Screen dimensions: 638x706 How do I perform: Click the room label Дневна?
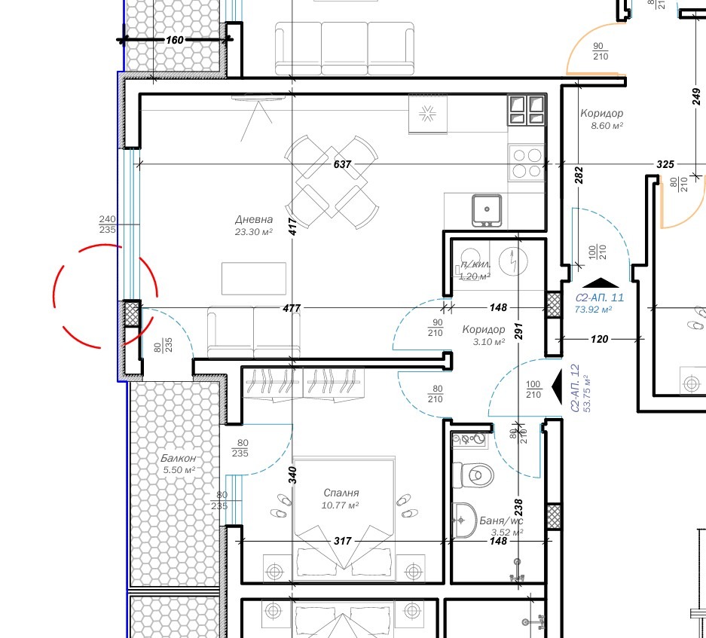pos(253,219)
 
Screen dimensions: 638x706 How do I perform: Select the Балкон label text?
pos(178,458)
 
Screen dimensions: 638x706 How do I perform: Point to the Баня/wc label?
pos(501,520)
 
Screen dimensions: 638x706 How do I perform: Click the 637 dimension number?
pos(342,163)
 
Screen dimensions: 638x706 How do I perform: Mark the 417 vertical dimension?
pos(292,222)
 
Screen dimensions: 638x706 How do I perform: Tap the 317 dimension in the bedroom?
pos(342,541)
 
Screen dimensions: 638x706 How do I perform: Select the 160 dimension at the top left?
pos(175,39)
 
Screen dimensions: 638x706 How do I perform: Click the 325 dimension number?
pos(665,163)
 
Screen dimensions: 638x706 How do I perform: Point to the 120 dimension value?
pos(599,339)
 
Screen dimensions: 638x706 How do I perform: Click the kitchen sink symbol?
pos(487,209)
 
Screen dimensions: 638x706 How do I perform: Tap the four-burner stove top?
pos(527,163)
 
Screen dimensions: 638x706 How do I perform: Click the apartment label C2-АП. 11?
pos(599,298)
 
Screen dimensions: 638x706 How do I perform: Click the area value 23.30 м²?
pos(253,232)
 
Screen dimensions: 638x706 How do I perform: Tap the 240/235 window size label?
pos(107,224)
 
